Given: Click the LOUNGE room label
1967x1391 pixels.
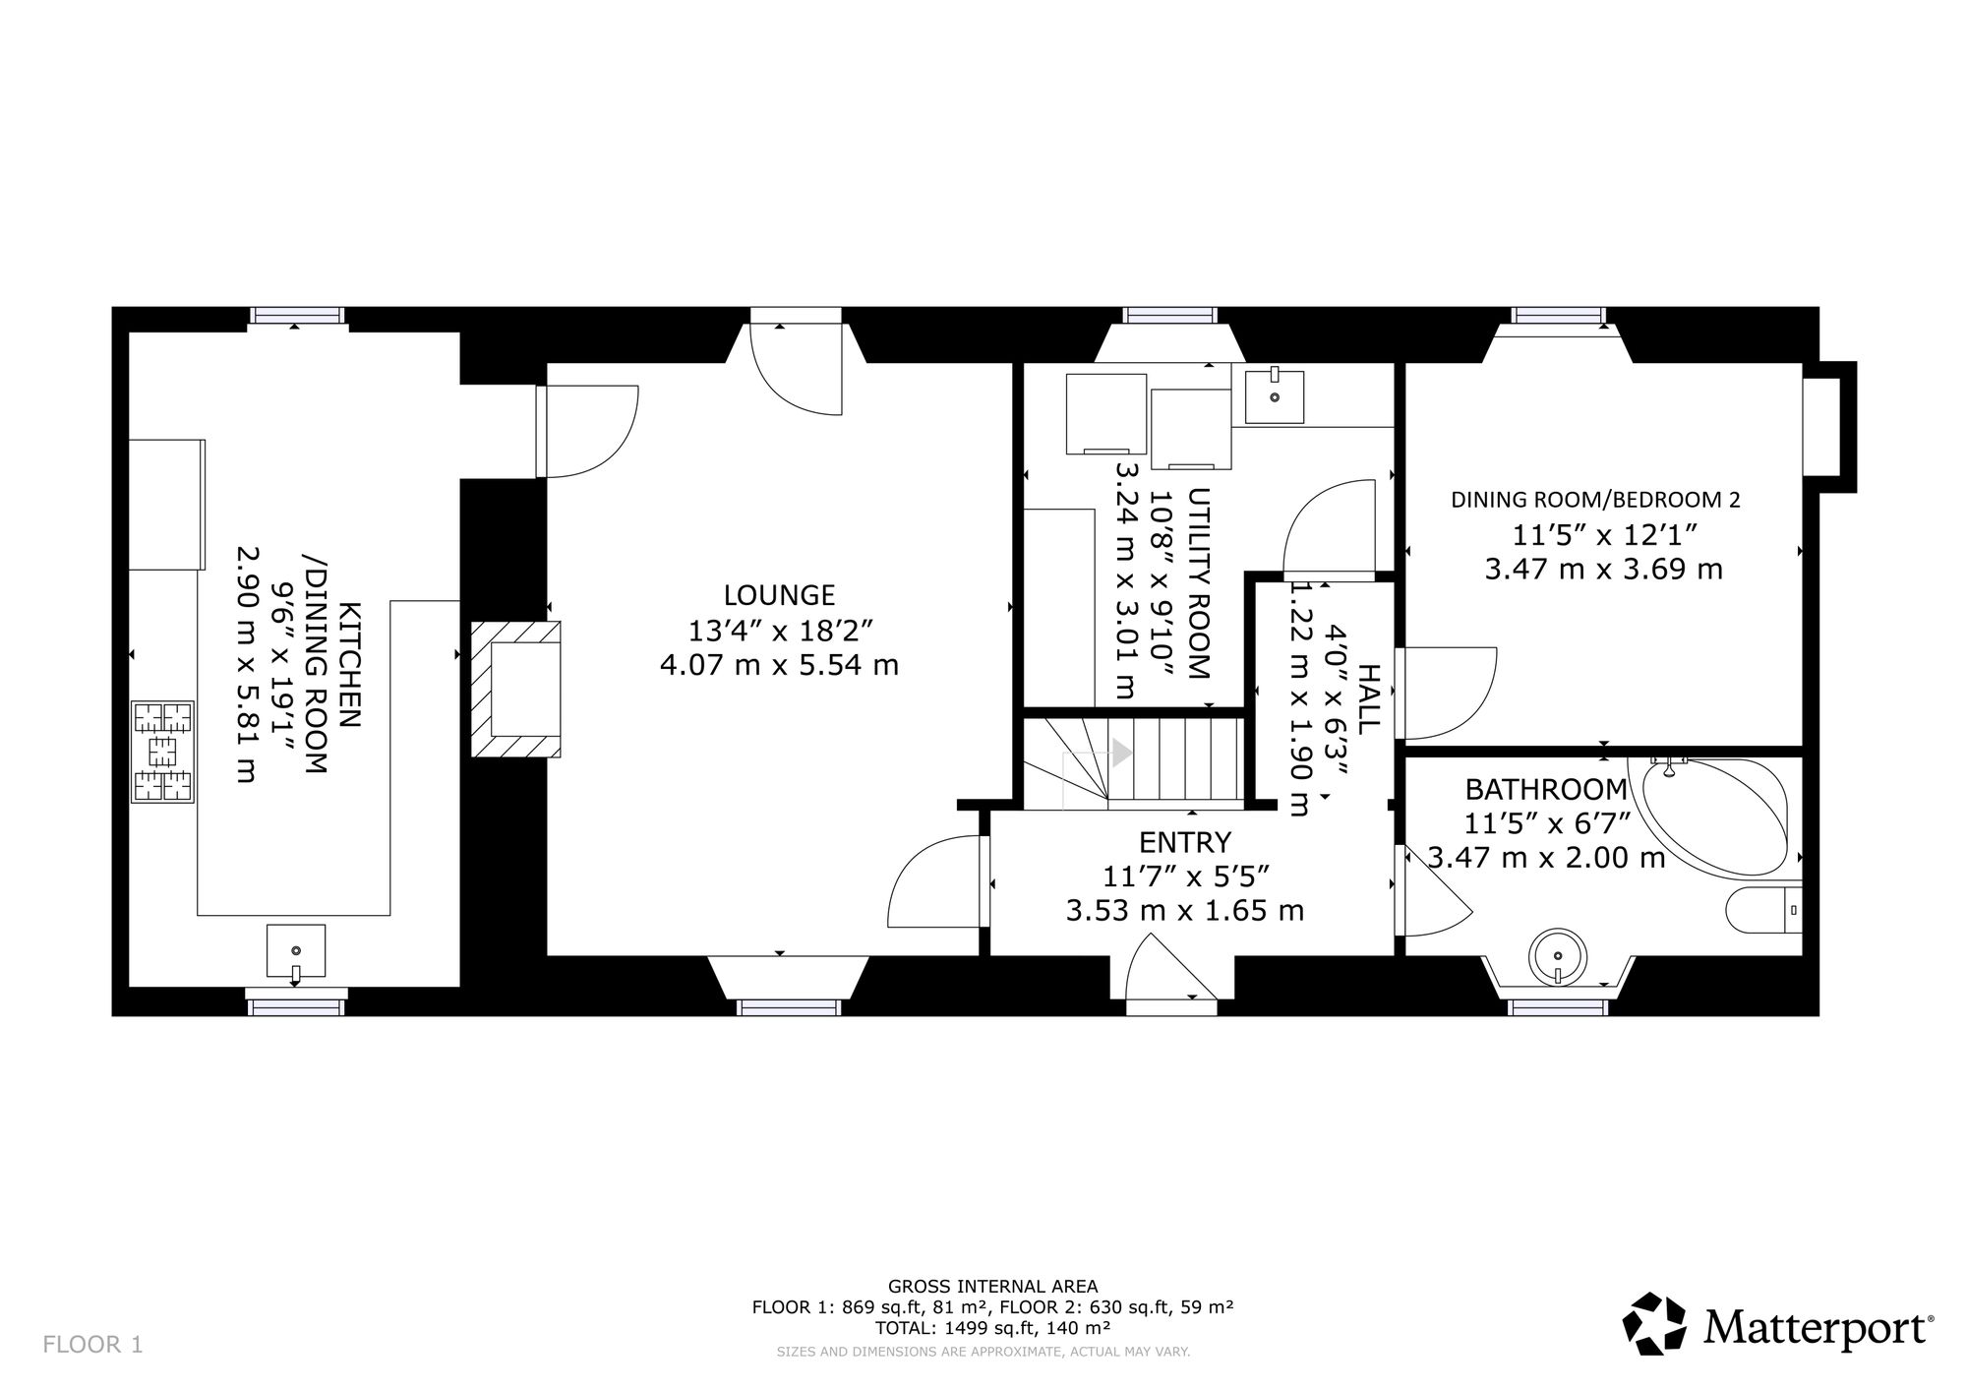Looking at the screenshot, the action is click(779, 595).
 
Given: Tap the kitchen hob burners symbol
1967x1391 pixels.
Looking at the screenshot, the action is click(163, 752).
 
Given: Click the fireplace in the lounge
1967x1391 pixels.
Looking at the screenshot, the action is click(517, 689).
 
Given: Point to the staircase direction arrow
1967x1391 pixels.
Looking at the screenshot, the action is click(1121, 754).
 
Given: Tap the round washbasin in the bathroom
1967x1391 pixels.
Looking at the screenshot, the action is click(1558, 955).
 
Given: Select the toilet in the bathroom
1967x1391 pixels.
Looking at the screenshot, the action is click(1764, 910).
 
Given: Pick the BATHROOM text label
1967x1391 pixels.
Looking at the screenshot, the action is click(1546, 789).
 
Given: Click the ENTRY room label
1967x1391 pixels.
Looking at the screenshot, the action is click(1185, 843).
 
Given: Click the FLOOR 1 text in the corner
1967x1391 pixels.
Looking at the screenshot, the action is click(93, 1345).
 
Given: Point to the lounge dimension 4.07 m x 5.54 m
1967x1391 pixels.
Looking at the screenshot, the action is click(779, 665).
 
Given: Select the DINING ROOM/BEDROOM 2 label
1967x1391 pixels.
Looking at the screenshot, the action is click(1596, 500).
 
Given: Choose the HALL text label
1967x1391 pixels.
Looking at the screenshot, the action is click(1368, 697).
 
